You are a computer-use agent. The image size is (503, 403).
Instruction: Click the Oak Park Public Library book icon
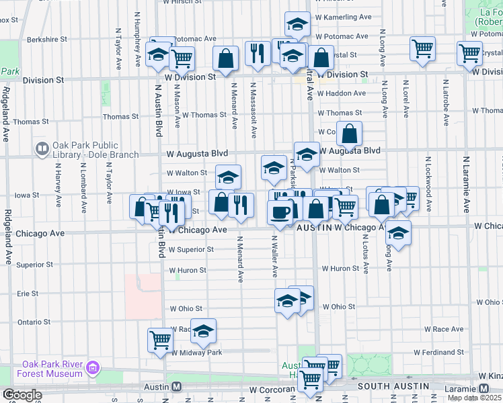pyautogui.click(x=42, y=148)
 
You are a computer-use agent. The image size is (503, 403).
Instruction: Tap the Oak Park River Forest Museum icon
pyautogui.click(x=93, y=367)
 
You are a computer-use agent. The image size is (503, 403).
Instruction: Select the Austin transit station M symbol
pyautogui.click(x=176, y=387)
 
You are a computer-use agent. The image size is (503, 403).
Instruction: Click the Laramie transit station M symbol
pyautogui.click(x=484, y=388)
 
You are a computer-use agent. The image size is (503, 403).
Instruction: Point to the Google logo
pyautogui.click(x=22, y=394)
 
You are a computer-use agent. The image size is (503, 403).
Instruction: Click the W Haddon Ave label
pyautogui.click(x=342, y=93)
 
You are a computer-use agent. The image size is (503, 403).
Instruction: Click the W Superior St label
pyautogui.click(x=191, y=249)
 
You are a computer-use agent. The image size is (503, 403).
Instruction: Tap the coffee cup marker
pyautogui.click(x=280, y=212)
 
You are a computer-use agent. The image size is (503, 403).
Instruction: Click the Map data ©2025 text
pyautogui.click(x=475, y=398)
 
